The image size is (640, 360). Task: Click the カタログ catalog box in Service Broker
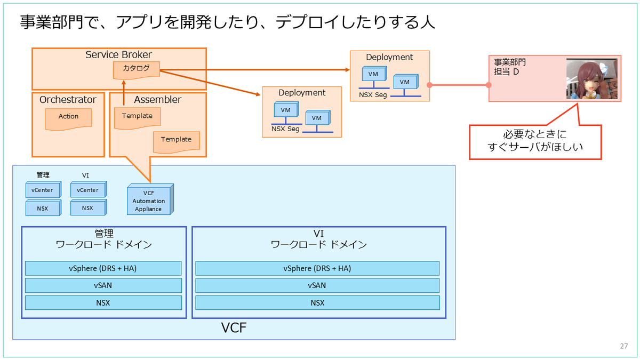tap(137, 70)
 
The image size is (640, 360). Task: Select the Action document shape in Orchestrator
tap(68, 119)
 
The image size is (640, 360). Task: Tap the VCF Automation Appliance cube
tap(150, 199)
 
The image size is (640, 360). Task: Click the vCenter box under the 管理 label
tap(43, 189)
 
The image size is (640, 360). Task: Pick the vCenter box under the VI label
tap(89, 189)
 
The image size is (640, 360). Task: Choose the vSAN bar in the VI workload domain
tap(317, 285)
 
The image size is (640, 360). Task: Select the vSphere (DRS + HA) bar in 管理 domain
tap(103, 268)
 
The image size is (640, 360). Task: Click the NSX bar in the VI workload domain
tap(317, 303)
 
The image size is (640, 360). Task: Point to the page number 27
tap(623, 346)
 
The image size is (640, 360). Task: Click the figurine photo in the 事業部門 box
tap(591, 79)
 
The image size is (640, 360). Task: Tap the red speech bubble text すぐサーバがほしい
tap(535, 147)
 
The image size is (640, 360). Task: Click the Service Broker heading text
tap(118, 54)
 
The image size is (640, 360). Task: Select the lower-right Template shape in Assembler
tap(177, 142)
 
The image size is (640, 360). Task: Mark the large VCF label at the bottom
tap(234, 327)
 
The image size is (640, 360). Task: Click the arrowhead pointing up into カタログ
tap(124, 82)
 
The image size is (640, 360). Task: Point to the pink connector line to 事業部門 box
tap(459, 85)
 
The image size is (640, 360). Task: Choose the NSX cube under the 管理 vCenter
tap(43, 207)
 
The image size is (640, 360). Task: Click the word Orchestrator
tap(68, 100)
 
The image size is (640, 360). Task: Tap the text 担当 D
tap(506, 71)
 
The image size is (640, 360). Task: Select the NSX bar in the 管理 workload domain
tap(103, 303)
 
